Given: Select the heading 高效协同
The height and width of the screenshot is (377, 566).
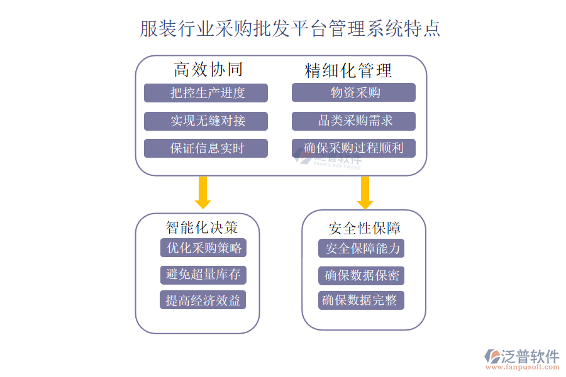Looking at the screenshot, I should click(x=208, y=69).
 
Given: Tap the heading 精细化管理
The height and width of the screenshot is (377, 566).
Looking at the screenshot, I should click(x=348, y=70).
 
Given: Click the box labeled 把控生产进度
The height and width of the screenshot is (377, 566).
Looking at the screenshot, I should click(x=206, y=93).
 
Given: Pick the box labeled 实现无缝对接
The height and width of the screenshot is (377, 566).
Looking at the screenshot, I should click(x=206, y=121).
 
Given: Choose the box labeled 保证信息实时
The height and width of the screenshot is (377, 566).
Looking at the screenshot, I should click(x=206, y=148).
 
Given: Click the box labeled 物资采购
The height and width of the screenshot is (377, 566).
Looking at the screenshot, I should click(x=353, y=93).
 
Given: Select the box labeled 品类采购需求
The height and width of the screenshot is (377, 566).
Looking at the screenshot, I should click(x=353, y=121).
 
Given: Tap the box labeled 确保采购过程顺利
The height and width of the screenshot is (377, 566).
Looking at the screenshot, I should click(x=353, y=148).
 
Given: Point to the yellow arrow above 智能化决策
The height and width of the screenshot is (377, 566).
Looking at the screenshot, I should click(x=203, y=192).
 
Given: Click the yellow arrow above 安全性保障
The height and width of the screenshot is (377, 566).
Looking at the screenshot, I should click(x=365, y=192).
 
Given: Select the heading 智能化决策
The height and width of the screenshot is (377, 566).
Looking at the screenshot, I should click(x=202, y=226).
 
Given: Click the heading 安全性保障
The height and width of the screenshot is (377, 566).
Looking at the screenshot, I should click(x=364, y=227).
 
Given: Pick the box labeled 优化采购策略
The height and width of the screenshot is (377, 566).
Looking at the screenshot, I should click(x=203, y=248).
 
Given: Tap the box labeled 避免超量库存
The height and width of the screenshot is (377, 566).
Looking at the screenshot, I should click(x=203, y=275).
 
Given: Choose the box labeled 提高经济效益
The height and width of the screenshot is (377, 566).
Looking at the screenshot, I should click(x=203, y=300).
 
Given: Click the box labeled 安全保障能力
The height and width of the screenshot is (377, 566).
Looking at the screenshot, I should click(x=361, y=249).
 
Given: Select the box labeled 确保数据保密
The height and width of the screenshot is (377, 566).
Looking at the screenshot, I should click(x=361, y=275).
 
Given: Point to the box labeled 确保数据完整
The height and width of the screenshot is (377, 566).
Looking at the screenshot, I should click(x=361, y=300).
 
